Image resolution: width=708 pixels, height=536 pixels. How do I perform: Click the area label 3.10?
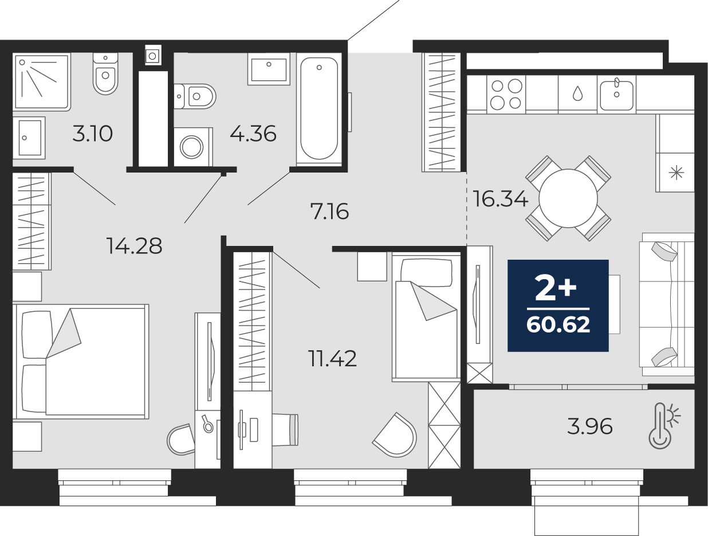point(92,134)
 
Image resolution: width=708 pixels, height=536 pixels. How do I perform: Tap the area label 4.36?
point(253,134)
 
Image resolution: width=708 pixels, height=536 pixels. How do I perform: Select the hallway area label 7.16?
point(329,212)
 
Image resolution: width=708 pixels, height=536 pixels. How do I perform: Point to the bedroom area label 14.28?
point(134,246)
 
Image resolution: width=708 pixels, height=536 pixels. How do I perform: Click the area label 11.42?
point(332,359)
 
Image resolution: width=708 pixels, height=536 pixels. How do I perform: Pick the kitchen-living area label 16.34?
point(500,199)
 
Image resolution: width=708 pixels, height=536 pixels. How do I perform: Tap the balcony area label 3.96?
point(589,427)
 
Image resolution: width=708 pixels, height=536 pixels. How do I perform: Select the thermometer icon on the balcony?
point(662,425)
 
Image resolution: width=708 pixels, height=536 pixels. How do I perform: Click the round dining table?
point(568,198)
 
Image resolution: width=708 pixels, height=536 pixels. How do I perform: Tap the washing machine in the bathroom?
point(192,147)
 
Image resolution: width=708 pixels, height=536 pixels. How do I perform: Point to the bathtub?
point(319,109)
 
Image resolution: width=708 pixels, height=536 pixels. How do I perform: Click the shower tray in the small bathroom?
point(41,81)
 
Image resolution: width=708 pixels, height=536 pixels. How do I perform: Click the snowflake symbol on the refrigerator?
point(676,173)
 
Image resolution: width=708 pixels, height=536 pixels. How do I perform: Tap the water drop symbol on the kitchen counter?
point(577,93)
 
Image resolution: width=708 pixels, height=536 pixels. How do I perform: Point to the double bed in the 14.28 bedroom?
point(83,361)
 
